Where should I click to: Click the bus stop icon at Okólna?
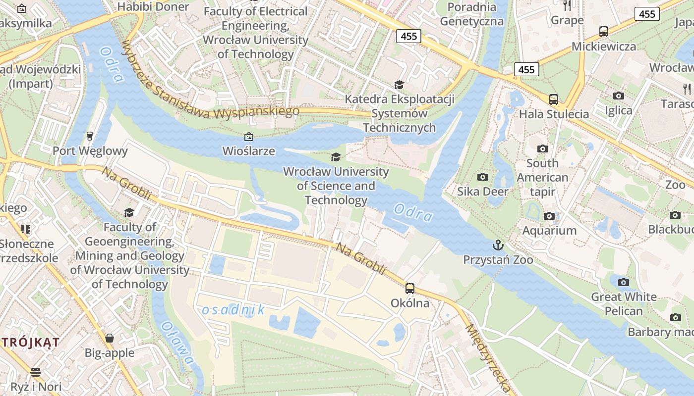[409, 288]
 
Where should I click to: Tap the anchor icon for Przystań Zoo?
[497, 245]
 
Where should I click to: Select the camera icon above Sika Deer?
[482, 177]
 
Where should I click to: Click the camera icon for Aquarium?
[549, 216]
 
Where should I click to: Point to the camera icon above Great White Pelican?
[623, 282]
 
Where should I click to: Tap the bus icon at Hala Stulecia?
[553, 99]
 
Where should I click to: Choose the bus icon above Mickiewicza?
[603, 32]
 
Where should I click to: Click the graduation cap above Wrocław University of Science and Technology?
[336, 157]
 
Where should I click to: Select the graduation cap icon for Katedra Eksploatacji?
[399, 85]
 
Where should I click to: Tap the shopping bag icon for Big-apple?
[110, 338]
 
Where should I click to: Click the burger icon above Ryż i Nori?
[35, 371]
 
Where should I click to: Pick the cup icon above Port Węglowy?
[90, 136]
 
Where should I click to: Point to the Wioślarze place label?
[248, 150]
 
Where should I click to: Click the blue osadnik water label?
[233, 310]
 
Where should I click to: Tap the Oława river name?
[177, 344]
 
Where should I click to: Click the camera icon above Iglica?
[618, 96]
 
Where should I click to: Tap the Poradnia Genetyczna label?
[471, 14]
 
